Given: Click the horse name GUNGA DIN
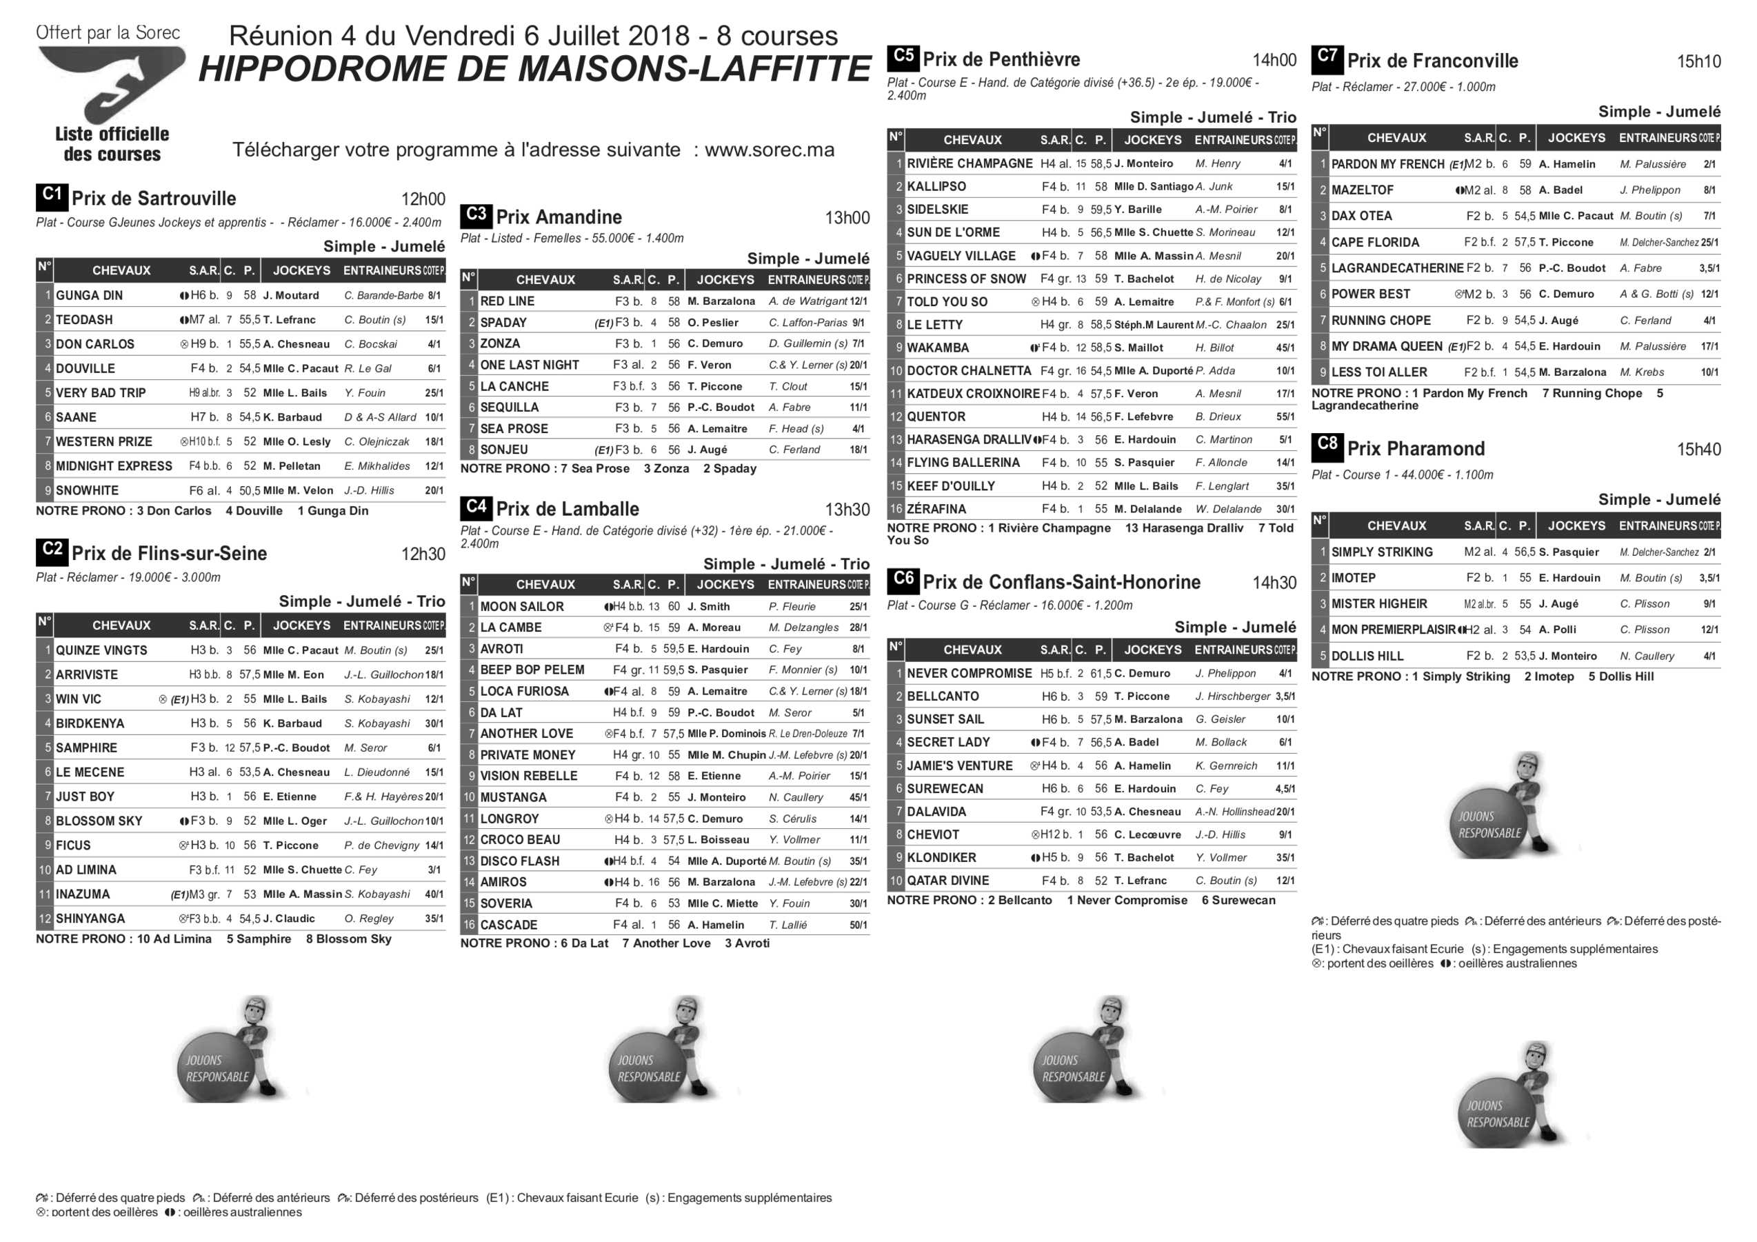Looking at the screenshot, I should (89, 295).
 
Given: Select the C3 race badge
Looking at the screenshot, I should (476, 215).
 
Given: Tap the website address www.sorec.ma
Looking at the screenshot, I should (769, 149).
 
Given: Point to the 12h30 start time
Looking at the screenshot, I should (423, 554).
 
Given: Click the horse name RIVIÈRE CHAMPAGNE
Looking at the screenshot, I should (970, 163).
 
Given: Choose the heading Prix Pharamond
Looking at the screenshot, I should (1416, 449).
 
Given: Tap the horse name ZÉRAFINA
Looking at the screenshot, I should (936, 509).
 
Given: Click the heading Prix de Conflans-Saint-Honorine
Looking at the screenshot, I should (1061, 582).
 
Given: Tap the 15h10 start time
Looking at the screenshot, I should (1699, 61).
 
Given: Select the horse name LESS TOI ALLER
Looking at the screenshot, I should (1379, 372).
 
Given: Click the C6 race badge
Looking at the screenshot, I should (903, 580).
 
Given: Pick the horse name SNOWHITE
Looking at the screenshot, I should (88, 490).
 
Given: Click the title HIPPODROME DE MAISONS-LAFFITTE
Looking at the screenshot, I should (535, 70).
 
